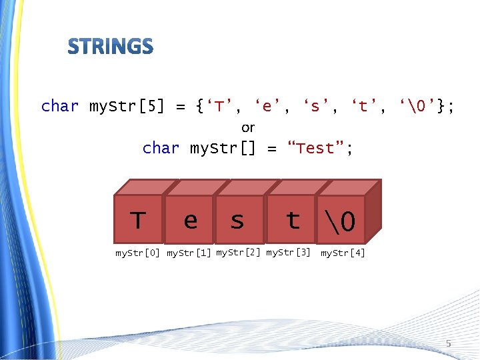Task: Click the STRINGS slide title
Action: pyautogui.click(x=111, y=47)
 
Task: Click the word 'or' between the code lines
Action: pyautogui.click(x=248, y=127)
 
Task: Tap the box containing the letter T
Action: pyautogui.click(x=138, y=219)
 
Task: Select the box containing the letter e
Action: pyautogui.click(x=190, y=219)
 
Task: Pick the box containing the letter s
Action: pyautogui.click(x=237, y=219)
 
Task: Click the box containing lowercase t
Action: pyautogui.click(x=291, y=219)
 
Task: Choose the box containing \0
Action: pyautogui.click(x=341, y=219)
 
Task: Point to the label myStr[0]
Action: pyautogui.click(x=137, y=253)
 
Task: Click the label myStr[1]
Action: pyautogui.click(x=189, y=253)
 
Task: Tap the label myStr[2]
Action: pyautogui.click(x=238, y=253)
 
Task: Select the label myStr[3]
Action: pyautogui.click(x=288, y=253)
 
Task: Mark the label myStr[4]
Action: pyautogui.click(x=343, y=253)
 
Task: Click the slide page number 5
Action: pyautogui.click(x=449, y=343)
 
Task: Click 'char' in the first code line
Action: pyautogui.click(x=60, y=106)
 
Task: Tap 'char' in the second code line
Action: pyautogui.click(x=161, y=148)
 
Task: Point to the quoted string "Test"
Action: pyautogui.click(x=316, y=148)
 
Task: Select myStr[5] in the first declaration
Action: pyautogui.click(x=127, y=106)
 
